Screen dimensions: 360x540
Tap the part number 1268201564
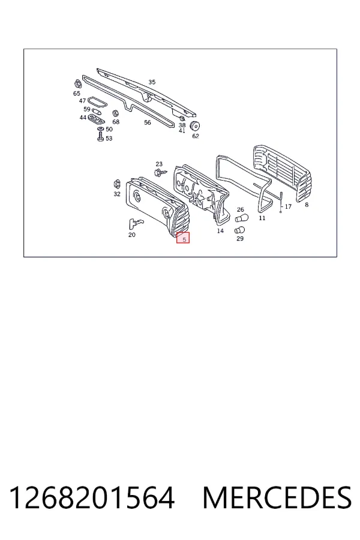tap(92, 498)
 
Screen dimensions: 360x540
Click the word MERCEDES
tap(277, 498)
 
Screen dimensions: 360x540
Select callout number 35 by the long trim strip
tap(152, 82)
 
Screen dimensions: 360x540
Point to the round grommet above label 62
tap(195, 126)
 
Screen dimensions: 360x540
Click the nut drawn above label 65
tap(77, 84)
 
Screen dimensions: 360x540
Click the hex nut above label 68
tap(116, 113)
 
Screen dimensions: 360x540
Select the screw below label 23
tap(160, 172)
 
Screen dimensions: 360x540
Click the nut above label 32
tap(116, 183)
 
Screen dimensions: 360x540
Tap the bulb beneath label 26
tap(241, 218)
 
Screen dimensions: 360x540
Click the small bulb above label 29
tap(239, 230)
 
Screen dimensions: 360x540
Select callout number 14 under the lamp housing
tap(220, 231)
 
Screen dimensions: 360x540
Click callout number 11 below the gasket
tap(262, 218)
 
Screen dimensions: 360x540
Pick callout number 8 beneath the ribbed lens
tap(307, 205)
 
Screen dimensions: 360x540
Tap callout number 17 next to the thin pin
tap(288, 206)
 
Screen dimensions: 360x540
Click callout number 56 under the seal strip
tap(148, 122)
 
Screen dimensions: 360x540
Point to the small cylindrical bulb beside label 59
tap(96, 111)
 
